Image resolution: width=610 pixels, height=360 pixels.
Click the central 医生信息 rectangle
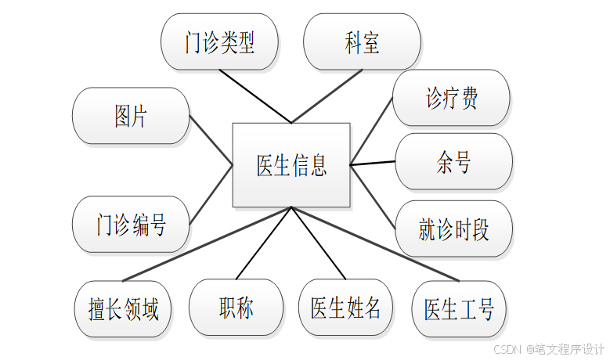tap(291, 165)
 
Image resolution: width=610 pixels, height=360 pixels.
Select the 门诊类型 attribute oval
tap(219, 41)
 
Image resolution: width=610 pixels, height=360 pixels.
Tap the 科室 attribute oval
tap(362, 41)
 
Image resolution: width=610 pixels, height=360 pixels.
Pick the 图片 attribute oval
tap(130, 116)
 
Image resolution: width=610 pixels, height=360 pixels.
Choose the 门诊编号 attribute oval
tap(130, 225)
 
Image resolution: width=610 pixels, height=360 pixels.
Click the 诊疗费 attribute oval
tap(451, 98)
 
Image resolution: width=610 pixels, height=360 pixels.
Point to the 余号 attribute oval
tap(453, 162)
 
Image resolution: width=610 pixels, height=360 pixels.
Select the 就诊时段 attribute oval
tap(453, 229)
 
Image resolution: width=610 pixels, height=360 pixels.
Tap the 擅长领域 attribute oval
tap(124, 309)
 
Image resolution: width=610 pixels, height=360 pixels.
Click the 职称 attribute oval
tap(236, 308)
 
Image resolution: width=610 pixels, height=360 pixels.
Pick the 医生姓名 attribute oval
tap(345, 308)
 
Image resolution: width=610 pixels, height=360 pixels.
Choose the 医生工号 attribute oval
tap(459, 309)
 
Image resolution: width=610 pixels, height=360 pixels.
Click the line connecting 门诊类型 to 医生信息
tap(255, 96)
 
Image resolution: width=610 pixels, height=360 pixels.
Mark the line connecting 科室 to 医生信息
tap(327, 97)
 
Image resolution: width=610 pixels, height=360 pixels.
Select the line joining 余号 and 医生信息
tap(373, 164)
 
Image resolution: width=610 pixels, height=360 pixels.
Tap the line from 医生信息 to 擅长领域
tap(207, 244)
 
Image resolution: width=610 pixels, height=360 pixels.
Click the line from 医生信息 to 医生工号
tap(374, 243)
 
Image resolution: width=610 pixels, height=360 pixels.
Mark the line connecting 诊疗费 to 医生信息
tap(371, 131)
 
